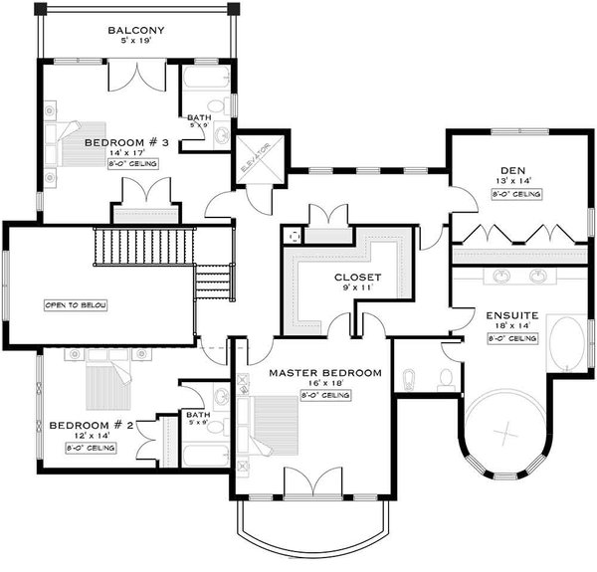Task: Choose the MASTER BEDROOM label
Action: point(324,372)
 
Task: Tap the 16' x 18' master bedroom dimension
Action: point(324,384)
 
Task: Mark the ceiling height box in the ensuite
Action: point(511,339)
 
